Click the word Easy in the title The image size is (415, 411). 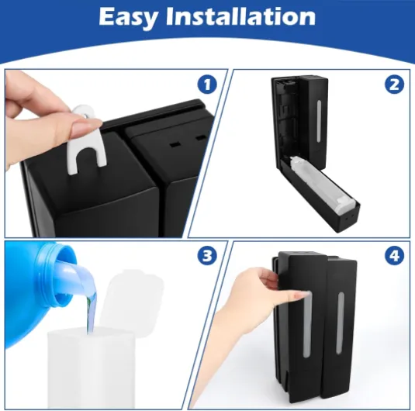coord(128,17)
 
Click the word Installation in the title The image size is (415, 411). coord(240,16)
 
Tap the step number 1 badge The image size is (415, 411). coord(207,85)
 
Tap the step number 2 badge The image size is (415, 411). coord(394,85)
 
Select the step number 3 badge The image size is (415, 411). coord(207,256)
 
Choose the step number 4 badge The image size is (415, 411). coord(394,256)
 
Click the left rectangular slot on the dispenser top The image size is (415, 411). coord(175,144)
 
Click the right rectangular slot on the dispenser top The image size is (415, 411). coord(200,138)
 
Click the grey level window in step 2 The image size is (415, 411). coord(319,121)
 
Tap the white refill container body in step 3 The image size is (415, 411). coord(91,368)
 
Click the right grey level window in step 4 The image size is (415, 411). coord(340,323)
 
